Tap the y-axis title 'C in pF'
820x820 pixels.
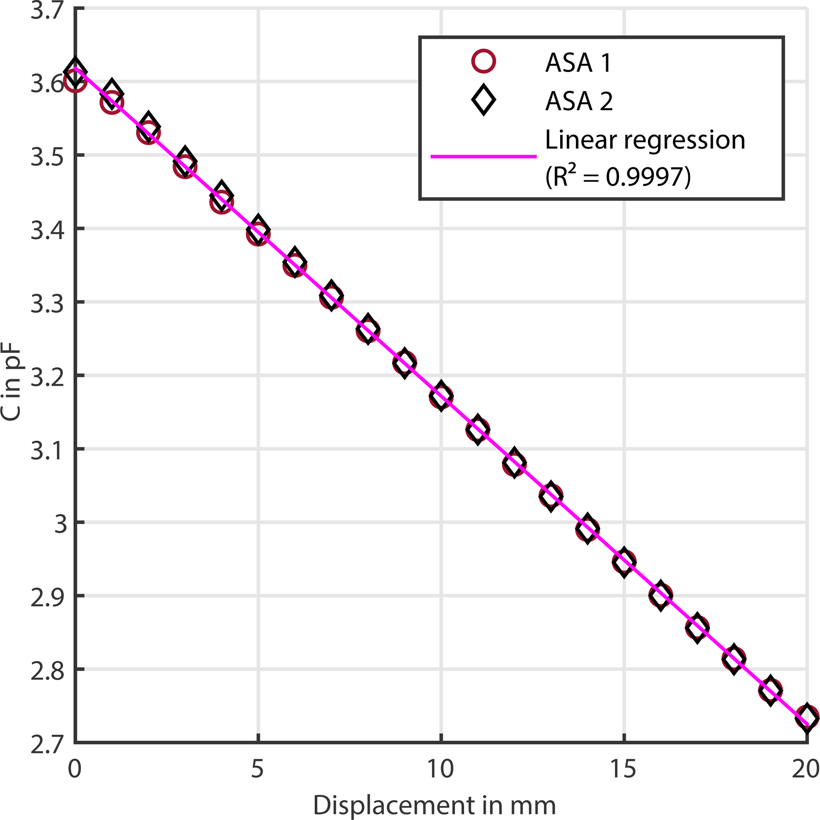(x=12, y=382)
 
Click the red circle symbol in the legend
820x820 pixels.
(x=483, y=62)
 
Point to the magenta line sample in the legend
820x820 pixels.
(x=483, y=157)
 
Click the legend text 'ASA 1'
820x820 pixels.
(x=578, y=63)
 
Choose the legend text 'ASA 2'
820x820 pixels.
(x=579, y=101)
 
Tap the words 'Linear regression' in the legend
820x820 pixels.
(x=645, y=140)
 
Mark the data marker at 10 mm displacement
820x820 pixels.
(x=441, y=396)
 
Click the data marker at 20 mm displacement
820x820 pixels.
(x=807, y=717)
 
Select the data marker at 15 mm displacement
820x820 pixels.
(x=624, y=561)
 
